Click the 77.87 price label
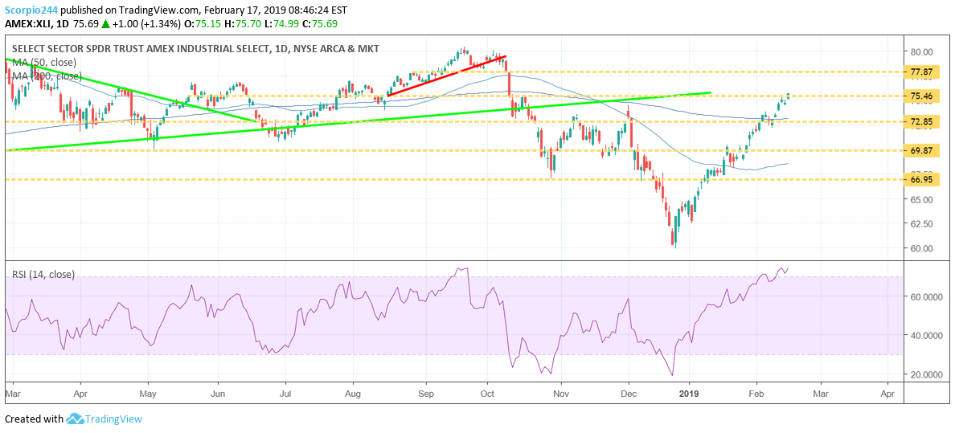point(921,71)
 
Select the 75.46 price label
point(921,96)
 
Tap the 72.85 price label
point(921,122)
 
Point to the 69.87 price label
point(921,150)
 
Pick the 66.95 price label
point(921,179)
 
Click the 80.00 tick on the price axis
point(921,51)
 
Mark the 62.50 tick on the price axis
point(921,223)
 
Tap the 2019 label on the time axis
point(689,394)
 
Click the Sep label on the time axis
point(427,394)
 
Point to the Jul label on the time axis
point(285,394)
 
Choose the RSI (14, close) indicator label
point(43,275)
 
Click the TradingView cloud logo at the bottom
point(76,419)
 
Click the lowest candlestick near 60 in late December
point(675,239)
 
